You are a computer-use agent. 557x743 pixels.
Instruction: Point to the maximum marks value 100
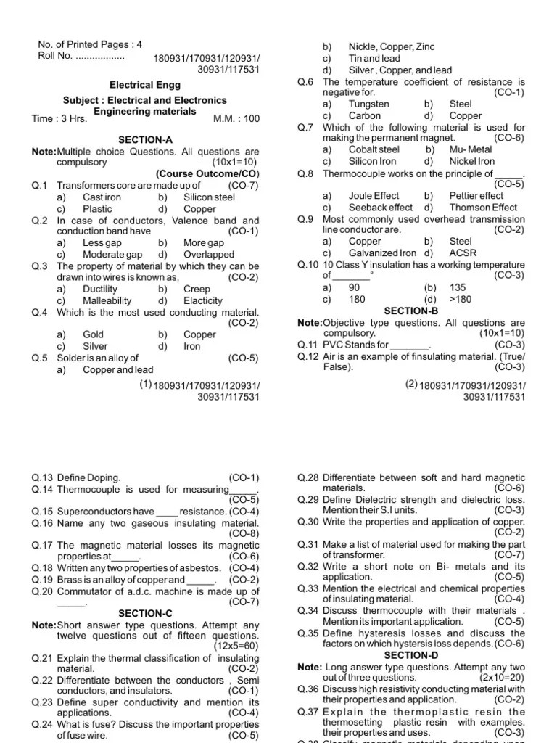click(x=250, y=118)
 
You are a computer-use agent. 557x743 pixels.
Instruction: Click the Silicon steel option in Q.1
click(x=209, y=197)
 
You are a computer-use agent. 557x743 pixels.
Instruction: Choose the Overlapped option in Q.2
click(x=209, y=255)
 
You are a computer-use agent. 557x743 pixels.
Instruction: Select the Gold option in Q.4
click(x=94, y=335)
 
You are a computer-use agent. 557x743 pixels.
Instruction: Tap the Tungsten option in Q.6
click(x=369, y=104)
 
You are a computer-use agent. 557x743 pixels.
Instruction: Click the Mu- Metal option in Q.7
click(x=471, y=150)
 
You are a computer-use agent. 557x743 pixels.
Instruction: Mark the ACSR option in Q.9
click(x=461, y=253)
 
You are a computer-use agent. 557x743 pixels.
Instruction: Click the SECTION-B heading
click(x=411, y=311)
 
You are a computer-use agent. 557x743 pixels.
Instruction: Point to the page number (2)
click(x=411, y=384)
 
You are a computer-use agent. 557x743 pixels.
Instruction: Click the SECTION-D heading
click(x=411, y=655)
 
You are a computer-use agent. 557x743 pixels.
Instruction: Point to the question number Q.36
click(x=308, y=689)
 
